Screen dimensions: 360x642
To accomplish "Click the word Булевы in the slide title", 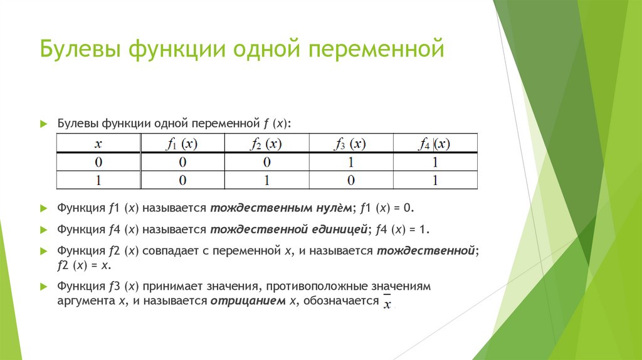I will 81,49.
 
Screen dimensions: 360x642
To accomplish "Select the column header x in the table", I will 98,144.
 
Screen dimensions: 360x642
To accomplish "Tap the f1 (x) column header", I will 182,144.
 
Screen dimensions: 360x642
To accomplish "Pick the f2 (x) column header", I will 266,144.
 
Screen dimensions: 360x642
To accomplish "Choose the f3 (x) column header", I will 350,144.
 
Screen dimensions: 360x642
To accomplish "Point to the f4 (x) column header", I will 434,144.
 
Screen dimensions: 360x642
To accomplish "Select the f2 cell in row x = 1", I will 266,181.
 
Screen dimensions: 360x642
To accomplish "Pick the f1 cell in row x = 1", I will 182,181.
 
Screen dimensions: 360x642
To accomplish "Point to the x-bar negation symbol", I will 387,303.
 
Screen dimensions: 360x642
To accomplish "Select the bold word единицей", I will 339,229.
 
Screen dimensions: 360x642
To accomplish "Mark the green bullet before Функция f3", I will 43,286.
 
